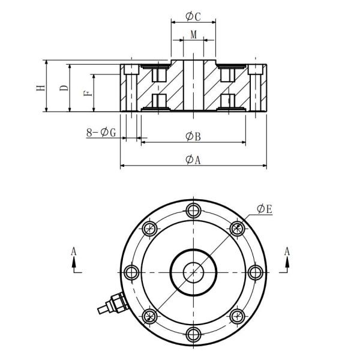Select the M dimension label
[x=193, y=35]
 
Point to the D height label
[x=64, y=87]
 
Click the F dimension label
[x=87, y=92]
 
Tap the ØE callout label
[x=265, y=209]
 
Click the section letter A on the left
[x=74, y=253]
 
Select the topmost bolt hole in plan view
[x=193, y=210]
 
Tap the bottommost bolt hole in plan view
[x=193, y=334]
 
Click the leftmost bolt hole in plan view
[x=130, y=272]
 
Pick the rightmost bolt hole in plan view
[x=255, y=272]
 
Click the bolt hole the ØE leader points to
[x=237, y=228]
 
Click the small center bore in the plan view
[x=193, y=272]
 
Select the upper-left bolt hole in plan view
[x=149, y=228]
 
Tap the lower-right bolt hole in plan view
[x=237, y=316]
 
